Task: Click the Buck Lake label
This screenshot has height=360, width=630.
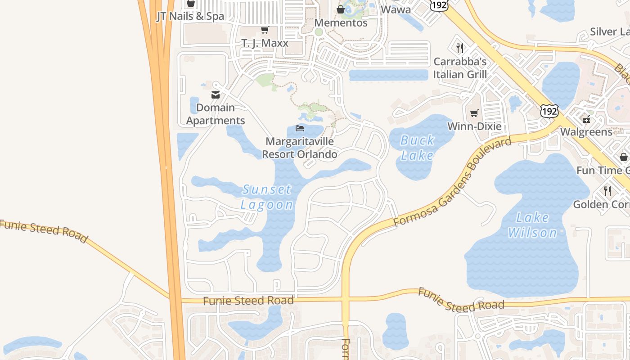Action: point(417,148)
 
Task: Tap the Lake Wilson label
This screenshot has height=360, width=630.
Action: point(533,225)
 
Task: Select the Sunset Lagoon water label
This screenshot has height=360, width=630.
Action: point(267,197)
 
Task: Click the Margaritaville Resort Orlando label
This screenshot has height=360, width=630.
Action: point(300,148)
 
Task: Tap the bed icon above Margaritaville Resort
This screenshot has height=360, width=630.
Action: point(300,128)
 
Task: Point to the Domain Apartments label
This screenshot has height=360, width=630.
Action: point(216,114)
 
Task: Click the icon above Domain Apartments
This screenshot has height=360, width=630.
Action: point(215,94)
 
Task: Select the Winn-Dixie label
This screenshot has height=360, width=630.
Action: point(474,126)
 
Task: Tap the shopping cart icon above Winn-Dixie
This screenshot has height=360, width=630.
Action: point(474,113)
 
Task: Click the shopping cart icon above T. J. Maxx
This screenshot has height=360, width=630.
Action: point(265,30)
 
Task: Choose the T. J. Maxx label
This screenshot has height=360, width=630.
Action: point(265,43)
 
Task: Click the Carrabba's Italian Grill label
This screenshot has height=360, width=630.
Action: point(460,67)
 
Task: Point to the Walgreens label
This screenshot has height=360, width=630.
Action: point(586,132)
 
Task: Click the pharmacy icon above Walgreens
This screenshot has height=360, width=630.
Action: point(586,119)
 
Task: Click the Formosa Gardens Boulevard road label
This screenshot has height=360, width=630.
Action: point(452,182)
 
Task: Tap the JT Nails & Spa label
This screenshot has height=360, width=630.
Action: point(190,17)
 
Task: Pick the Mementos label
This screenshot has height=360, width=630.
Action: point(341,22)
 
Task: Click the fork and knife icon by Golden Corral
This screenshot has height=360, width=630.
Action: point(607,191)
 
